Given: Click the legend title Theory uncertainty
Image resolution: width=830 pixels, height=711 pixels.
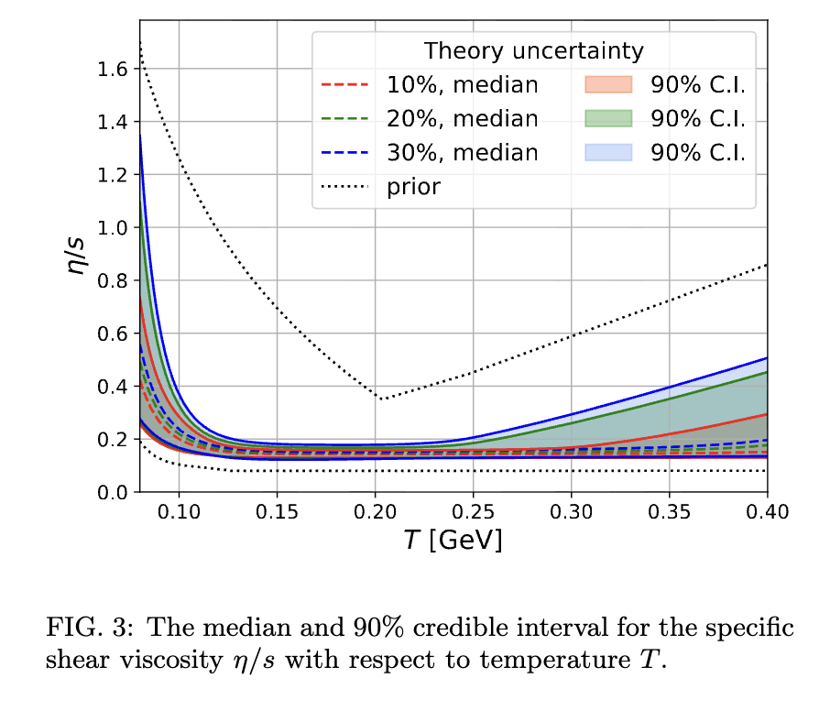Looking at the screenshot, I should (533, 50).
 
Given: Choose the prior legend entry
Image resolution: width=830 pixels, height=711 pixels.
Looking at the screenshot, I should (413, 187).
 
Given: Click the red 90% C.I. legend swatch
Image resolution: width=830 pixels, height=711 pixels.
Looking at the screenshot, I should (608, 84).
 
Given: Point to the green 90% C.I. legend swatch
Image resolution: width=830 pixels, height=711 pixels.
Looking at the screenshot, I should (608, 118).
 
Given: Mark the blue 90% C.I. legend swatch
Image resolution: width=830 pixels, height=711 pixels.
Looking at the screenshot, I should (608, 152).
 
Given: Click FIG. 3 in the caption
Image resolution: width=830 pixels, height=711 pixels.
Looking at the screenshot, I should (82, 629).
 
